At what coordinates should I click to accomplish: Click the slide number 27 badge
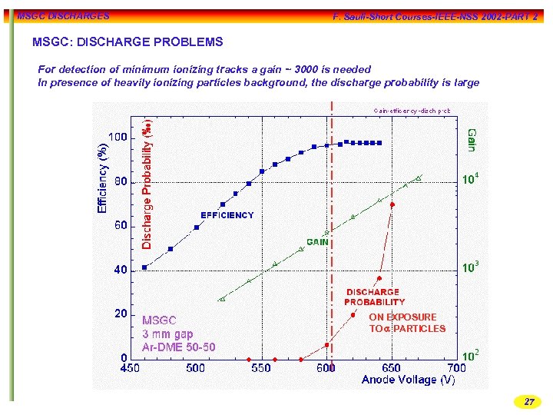[x=528, y=402]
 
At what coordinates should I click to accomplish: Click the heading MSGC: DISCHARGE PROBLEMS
[x=127, y=42]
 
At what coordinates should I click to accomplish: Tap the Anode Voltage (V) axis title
[x=409, y=380]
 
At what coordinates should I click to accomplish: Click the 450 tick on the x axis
[x=129, y=368]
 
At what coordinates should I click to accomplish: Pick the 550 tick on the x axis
[x=261, y=368]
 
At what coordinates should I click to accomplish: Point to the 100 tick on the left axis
[x=118, y=138]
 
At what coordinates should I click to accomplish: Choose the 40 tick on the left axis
[x=121, y=271]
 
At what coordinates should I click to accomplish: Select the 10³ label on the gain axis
[x=471, y=267]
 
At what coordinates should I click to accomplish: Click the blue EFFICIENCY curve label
[x=227, y=215]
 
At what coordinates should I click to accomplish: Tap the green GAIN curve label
[x=318, y=241]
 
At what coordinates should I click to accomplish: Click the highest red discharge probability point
[x=392, y=204]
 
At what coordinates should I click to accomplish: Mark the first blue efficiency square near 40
[x=145, y=267]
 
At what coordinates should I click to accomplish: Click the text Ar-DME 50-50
[x=179, y=347]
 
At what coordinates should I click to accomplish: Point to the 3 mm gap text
[x=168, y=334]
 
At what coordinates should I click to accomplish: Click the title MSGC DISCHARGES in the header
[x=63, y=15]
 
